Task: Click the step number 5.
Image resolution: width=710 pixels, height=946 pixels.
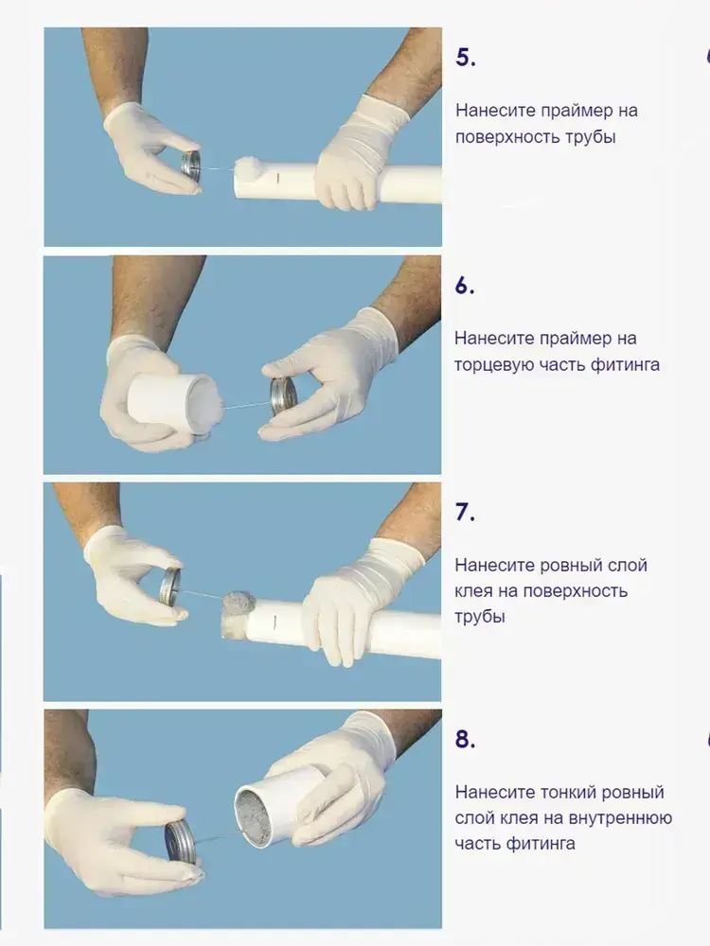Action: pos(465,58)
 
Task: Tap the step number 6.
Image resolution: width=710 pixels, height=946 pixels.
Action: pos(464,286)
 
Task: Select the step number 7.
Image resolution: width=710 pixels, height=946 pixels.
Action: pos(464,512)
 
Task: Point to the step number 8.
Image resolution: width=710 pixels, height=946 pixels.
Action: pos(465,739)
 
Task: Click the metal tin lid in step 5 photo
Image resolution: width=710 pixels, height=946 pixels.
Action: pos(191,164)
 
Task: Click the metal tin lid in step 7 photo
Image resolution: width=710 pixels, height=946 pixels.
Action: pos(169,586)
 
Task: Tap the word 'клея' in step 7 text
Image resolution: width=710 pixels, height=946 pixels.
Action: pos(474,591)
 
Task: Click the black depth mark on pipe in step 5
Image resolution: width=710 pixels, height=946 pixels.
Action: pos(277,178)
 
